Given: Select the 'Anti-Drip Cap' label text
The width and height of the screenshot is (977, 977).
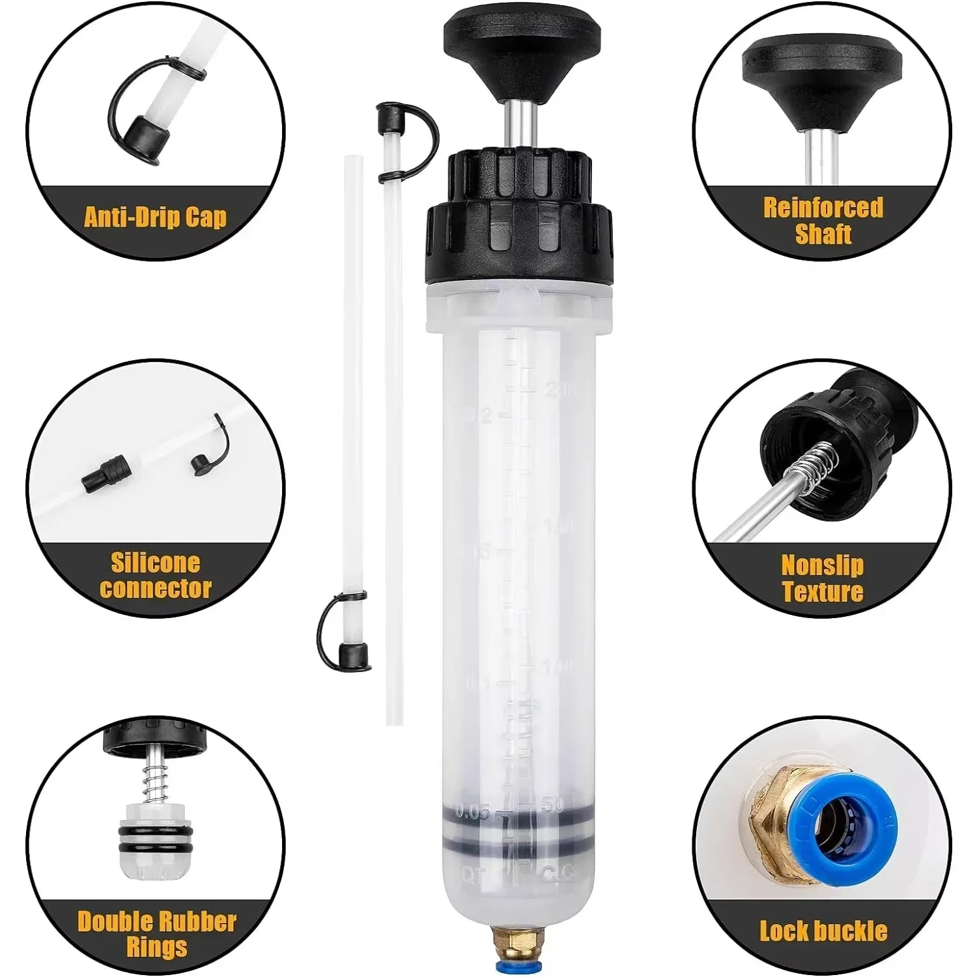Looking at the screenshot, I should click(x=156, y=216).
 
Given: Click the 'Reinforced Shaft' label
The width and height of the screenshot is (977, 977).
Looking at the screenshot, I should click(x=823, y=220).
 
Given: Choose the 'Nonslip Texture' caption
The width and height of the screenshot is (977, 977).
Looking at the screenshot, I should click(x=823, y=578).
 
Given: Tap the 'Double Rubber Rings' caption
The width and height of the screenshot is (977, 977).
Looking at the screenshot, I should click(x=156, y=933).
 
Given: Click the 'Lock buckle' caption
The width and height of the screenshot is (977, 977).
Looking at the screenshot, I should click(x=823, y=930).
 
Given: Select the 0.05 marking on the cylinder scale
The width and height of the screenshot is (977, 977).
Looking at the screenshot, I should click(x=473, y=812).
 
